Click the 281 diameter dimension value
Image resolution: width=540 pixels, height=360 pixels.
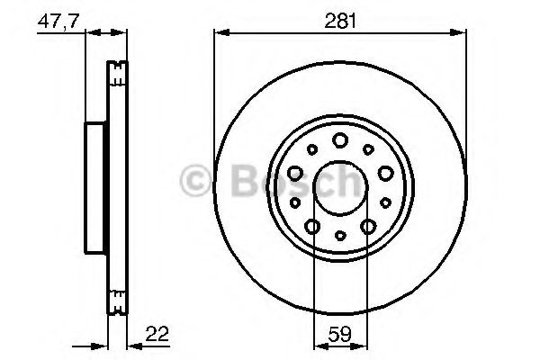[x=340, y=21]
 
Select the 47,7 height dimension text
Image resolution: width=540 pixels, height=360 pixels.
[x=58, y=22]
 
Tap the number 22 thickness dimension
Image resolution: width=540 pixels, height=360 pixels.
[x=157, y=334]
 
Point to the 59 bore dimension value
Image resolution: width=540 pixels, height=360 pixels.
[x=340, y=334]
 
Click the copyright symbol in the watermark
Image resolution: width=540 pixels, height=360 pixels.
[x=195, y=181]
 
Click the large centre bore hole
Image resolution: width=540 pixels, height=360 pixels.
[x=340, y=188]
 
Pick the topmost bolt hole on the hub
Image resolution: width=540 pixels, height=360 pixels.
[x=340, y=140]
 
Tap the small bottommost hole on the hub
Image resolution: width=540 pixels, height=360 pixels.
[x=340, y=236]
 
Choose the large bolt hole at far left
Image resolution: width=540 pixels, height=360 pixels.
[x=295, y=174]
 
